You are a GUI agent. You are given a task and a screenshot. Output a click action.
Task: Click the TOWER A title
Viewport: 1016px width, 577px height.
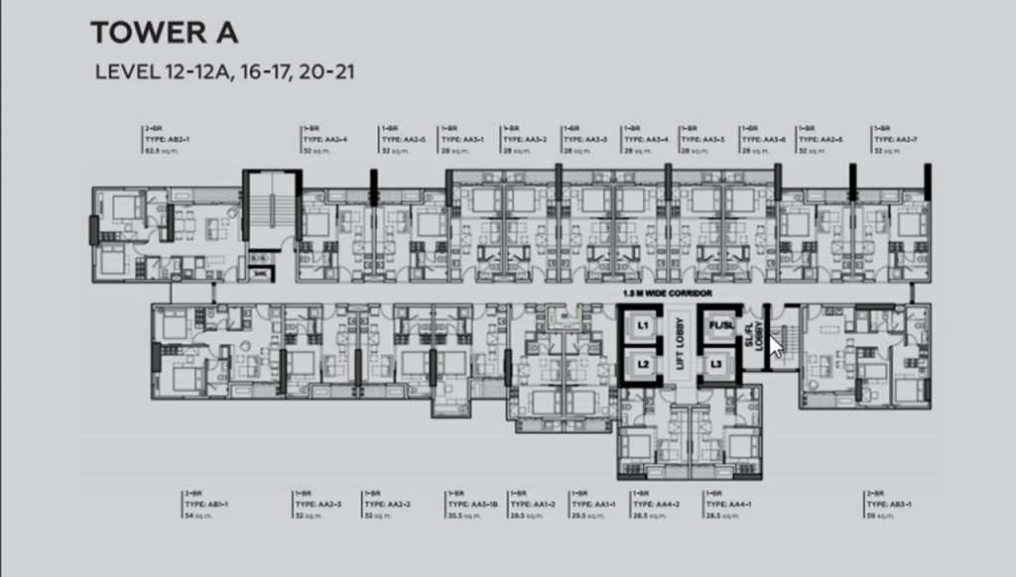(164, 33)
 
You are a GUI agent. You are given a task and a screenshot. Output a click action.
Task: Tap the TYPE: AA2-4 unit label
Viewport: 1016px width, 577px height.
(325, 140)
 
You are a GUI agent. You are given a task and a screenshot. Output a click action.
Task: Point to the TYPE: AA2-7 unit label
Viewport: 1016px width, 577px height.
(896, 140)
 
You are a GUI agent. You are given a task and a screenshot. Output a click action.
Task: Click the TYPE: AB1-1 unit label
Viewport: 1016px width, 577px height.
(206, 504)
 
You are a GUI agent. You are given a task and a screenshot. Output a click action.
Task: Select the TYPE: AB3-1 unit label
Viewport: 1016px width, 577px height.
(889, 504)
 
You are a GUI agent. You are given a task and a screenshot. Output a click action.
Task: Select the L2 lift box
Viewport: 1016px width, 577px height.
(642, 365)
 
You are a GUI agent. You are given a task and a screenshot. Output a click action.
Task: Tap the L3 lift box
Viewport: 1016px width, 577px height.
(715, 365)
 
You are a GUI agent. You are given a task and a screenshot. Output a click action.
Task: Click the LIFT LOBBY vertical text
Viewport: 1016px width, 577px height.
(680, 346)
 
